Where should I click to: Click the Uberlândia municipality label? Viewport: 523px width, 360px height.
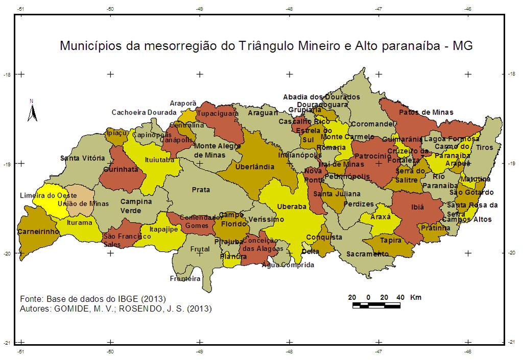[255, 167]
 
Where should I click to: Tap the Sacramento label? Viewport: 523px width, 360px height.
[364, 254]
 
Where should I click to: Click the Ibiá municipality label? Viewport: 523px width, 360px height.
[417, 208]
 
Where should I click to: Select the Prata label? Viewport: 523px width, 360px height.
[201, 190]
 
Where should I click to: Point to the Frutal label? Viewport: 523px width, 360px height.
[200, 249]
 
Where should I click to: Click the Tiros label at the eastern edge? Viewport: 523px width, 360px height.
[485, 148]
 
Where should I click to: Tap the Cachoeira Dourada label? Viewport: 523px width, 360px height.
[144, 112]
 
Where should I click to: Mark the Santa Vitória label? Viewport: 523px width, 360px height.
[82, 158]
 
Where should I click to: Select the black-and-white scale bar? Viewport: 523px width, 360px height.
[376, 305]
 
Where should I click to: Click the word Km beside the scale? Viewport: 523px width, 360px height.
[416, 297]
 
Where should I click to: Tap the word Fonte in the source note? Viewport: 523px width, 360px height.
[31, 299]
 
